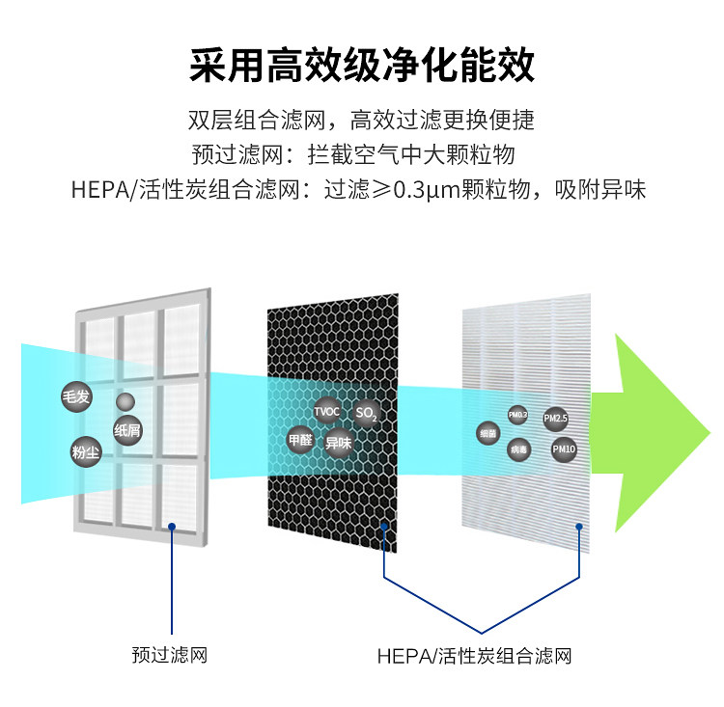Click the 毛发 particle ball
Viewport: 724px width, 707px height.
74,396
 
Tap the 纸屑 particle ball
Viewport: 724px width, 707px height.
127,430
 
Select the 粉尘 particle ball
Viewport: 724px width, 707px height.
86,451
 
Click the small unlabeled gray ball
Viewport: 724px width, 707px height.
125,402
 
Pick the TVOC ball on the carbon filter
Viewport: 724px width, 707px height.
327,412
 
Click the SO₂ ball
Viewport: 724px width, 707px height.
365,415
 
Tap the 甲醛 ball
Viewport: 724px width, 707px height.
301,440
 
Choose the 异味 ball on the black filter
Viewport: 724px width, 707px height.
337,443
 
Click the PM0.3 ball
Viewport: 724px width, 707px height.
518,415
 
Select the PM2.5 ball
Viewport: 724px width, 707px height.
555,419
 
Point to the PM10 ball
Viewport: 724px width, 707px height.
564,449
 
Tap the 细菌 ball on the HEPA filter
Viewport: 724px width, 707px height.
487,434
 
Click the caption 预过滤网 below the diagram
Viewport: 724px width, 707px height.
170,656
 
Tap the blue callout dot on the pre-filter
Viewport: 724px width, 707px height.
171,526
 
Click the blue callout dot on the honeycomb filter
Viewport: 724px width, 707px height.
384,526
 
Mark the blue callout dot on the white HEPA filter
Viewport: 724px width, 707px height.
579,526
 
